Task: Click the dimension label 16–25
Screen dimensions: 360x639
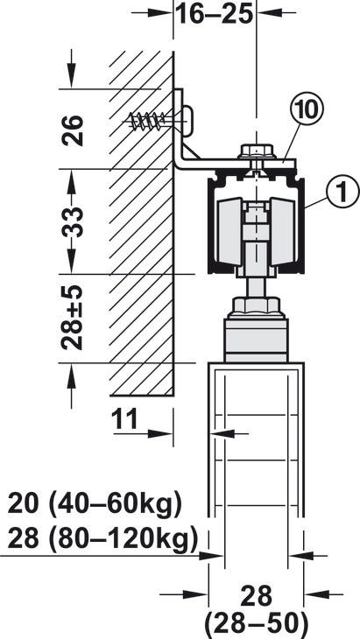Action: click(215, 13)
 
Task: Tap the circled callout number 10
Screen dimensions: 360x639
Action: click(307, 110)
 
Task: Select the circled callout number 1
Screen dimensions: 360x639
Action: click(342, 192)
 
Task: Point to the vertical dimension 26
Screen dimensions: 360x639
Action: click(73, 130)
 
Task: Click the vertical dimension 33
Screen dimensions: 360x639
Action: click(73, 222)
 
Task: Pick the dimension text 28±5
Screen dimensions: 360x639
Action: click(72, 318)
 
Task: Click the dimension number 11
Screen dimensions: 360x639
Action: click(125, 420)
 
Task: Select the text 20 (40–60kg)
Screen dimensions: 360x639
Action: click(95, 504)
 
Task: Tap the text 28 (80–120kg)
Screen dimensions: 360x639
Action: click(102, 538)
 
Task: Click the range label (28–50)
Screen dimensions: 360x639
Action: click(256, 623)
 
